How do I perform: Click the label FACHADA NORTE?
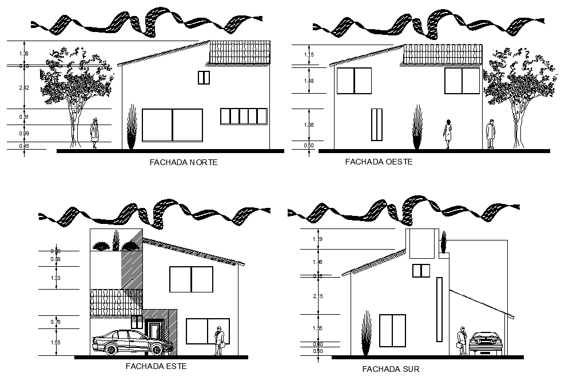183,163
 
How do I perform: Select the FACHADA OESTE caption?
379,162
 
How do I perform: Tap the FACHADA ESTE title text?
156,366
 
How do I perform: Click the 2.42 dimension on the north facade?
24,87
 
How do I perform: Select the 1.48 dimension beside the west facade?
309,81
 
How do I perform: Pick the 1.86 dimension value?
309,125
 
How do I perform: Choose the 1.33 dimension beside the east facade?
55,278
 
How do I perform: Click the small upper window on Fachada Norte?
204,78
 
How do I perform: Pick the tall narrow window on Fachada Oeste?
376,124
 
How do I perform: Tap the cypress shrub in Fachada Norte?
132,129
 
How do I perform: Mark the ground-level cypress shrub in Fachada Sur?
367,337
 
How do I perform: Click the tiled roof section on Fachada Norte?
240,52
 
